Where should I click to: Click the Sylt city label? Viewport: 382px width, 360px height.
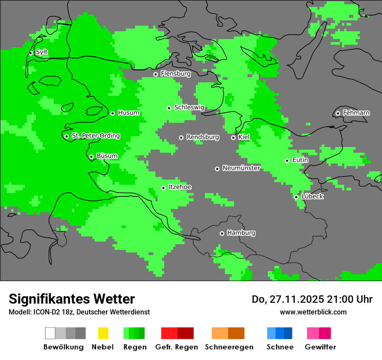(x=42, y=52)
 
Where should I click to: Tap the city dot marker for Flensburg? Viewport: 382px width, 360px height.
(x=155, y=74)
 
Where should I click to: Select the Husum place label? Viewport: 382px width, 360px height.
(x=128, y=113)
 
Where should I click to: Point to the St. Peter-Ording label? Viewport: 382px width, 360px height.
(x=95, y=136)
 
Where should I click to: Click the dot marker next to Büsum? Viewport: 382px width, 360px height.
(x=91, y=157)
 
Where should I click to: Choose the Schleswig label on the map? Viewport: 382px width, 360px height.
(x=189, y=108)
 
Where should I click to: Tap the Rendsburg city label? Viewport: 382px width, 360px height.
(x=202, y=137)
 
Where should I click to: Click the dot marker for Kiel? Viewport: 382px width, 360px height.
(x=233, y=137)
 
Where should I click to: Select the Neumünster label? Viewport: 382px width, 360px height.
(x=241, y=168)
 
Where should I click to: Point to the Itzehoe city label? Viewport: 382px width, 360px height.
(x=180, y=187)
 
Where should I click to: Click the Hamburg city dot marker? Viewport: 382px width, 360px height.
(x=222, y=233)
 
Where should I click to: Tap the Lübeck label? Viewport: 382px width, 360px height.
(x=312, y=196)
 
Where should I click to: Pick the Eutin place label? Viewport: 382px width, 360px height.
(x=300, y=160)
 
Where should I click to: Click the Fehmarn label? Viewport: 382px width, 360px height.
(x=356, y=113)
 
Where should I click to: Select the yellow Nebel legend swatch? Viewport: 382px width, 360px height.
(x=103, y=333)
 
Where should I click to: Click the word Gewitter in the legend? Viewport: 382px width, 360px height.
(x=320, y=347)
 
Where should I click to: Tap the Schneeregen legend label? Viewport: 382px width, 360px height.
(x=229, y=347)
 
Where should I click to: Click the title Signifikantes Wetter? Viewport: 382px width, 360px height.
(x=72, y=299)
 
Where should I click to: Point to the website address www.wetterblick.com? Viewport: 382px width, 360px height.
(x=313, y=312)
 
